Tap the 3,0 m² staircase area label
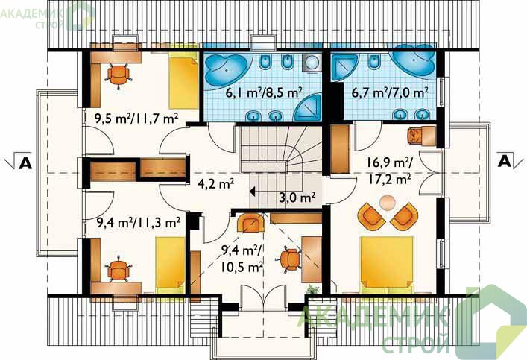pyautogui.click(x=297, y=197)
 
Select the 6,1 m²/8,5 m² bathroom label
pyautogui.click(x=265, y=92)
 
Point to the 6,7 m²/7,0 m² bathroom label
pyautogui.click(x=390, y=92)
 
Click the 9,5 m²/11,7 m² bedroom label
pyautogui.click(x=136, y=119)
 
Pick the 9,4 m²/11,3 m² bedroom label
pyautogui.click(x=138, y=222)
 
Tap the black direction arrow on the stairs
pyautogui.click(x=253, y=192)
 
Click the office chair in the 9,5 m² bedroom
pyautogui.click(x=119, y=75)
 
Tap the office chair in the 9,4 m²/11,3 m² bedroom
pyautogui.click(x=118, y=268)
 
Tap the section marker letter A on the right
pyautogui.click(x=504, y=161)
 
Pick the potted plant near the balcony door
pyautogui.click(x=312, y=289)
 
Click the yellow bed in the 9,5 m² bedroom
pyautogui.click(x=183, y=80)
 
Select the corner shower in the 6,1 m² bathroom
pyautogui.click(x=308, y=107)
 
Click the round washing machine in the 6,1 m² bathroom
pyautogui.click(x=312, y=63)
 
